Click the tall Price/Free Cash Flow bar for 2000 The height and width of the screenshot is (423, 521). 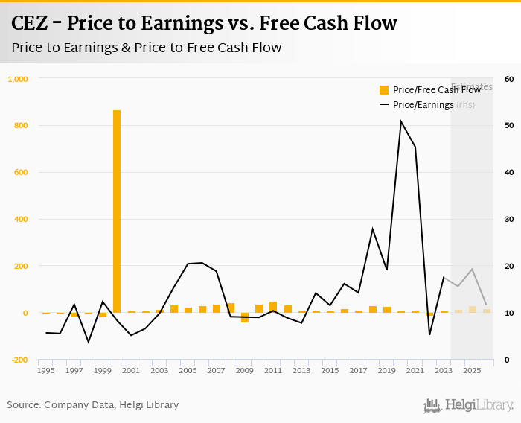(x=117, y=211)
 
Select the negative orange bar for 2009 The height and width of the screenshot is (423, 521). (x=245, y=317)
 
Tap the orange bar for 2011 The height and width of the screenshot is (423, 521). (x=273, y=307)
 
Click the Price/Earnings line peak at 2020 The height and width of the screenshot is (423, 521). (x=401, y=121)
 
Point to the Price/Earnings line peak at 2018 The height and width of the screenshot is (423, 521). (x=373, y=229)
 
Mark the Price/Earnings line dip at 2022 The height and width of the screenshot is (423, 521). (x=429, y=334)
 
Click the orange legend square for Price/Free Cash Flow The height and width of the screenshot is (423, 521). (x=384, y=90)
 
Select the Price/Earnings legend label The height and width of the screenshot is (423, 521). (x=423, y=105)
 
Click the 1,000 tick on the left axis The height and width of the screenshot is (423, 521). (x=17, y=79)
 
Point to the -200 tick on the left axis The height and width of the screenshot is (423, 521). (x=18, y=360)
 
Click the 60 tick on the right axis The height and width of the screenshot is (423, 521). (x=509, y=79)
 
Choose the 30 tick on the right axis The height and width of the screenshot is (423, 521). (x=509, y=219)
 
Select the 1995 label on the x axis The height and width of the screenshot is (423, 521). (x=45, y=370)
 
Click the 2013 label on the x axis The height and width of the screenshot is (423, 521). (x=301, y=370)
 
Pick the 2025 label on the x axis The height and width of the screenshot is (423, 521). (x=472, y=370)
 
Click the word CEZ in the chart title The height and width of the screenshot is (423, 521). (x=32, y=24)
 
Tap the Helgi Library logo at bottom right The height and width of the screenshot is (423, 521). (x=469, y=406)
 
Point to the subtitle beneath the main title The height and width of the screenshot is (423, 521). (x=147, y=48)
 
